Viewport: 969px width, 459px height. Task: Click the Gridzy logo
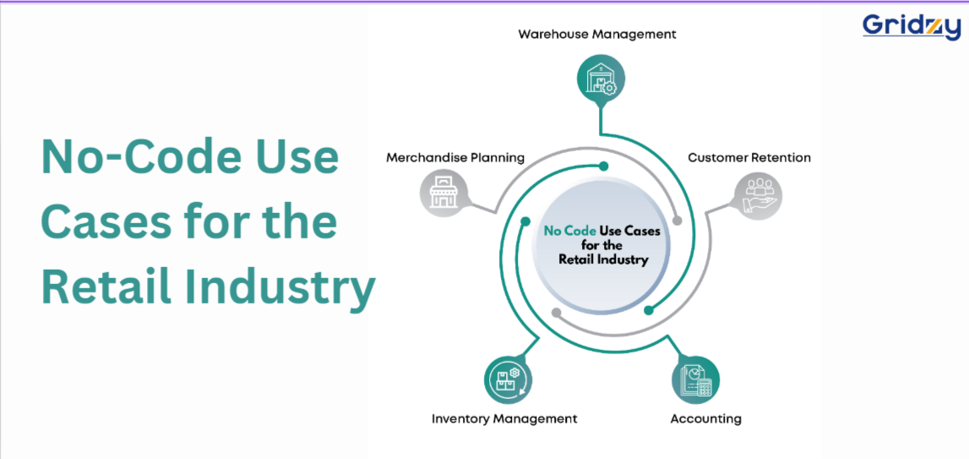coord(912,26)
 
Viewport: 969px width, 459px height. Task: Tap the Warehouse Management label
coord(597,34)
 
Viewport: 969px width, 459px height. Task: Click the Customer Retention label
coord(749,158)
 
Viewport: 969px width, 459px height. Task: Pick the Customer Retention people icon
coord(759,196)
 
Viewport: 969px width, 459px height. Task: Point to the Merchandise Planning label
coord(455,158)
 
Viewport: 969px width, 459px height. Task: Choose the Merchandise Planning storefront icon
coord(444,192)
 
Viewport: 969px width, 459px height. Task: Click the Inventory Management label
coord(504,418)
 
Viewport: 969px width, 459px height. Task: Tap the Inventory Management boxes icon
coord(509,380)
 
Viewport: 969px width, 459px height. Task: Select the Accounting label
coord(705,418)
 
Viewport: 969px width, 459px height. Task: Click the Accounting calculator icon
coord(696,380)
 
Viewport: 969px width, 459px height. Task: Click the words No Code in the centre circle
coord(569,232)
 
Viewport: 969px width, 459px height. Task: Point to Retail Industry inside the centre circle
coord(603,260)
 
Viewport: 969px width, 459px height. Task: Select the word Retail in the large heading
coord(101,288)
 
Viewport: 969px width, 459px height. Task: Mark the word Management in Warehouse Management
coord(634,35)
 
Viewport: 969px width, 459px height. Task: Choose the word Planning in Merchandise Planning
coord(498,158)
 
